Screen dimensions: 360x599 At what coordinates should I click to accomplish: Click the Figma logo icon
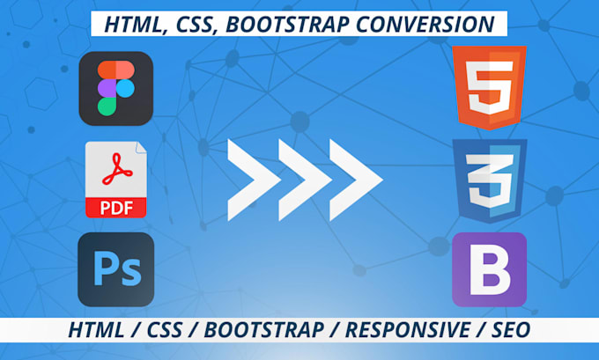115,88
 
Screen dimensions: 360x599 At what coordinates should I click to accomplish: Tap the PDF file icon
115,179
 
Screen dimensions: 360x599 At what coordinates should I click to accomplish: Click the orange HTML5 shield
489,87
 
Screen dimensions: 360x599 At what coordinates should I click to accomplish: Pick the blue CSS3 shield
489,177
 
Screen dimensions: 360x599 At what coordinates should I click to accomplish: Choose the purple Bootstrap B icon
489,269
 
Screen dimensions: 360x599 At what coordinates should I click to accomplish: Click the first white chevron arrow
252,179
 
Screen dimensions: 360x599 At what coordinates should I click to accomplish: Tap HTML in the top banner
129,24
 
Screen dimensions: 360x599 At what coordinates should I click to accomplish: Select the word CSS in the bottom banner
177,330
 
